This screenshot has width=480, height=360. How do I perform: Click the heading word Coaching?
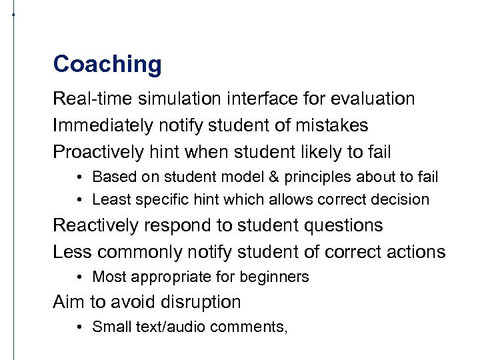click(x=107, y=65)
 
